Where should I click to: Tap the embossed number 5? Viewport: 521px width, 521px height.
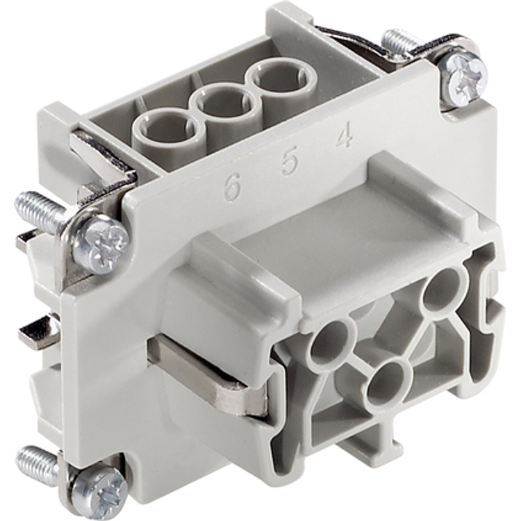(289, 163)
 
